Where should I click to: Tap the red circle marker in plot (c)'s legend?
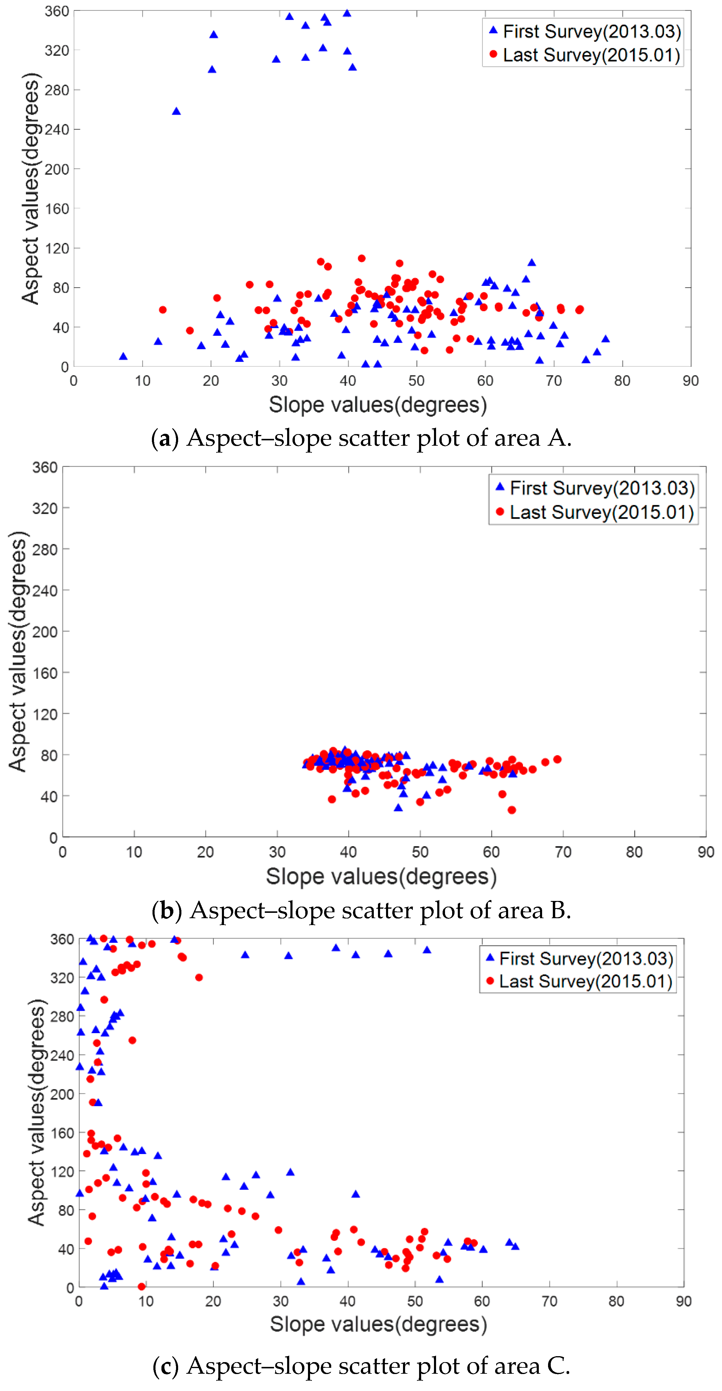[x=490, y=981]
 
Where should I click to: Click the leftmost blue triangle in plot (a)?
[x=123, y=356]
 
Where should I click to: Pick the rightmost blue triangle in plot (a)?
[x=605, y=339]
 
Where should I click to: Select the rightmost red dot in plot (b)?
[x=557, y=759]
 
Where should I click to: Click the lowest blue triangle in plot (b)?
[x=398, y=807]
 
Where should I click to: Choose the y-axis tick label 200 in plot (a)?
[x=57, y=169]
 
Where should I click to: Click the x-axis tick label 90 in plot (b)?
[x=705, y=852]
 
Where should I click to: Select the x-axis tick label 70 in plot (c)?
[x=549, y=1301]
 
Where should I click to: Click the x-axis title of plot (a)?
[x=377, y=404]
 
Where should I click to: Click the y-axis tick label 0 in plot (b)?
[x=53, y=838]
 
